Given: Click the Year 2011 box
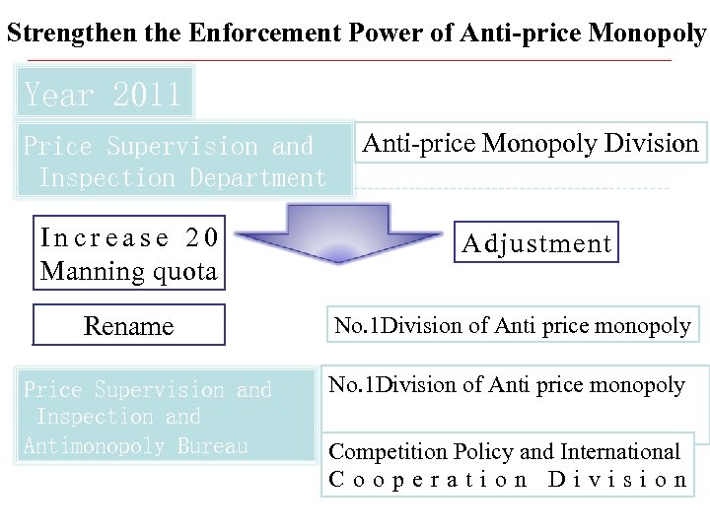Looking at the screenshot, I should tap(104, 96).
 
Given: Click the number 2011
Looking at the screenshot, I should tap(147, 96).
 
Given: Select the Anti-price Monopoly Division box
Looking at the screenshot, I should tap(531, 144).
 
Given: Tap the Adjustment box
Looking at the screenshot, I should tap(537, 243).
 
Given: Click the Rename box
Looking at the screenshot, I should tap(129, 325).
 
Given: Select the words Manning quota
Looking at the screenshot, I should tap(128, 270).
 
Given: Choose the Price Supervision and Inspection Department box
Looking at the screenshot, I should tap(182, 162).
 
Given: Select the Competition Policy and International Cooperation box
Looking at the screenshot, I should tap(507, 466).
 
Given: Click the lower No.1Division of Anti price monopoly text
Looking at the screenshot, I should tap(507, 385).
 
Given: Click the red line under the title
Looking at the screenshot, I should tap(345, 61).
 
